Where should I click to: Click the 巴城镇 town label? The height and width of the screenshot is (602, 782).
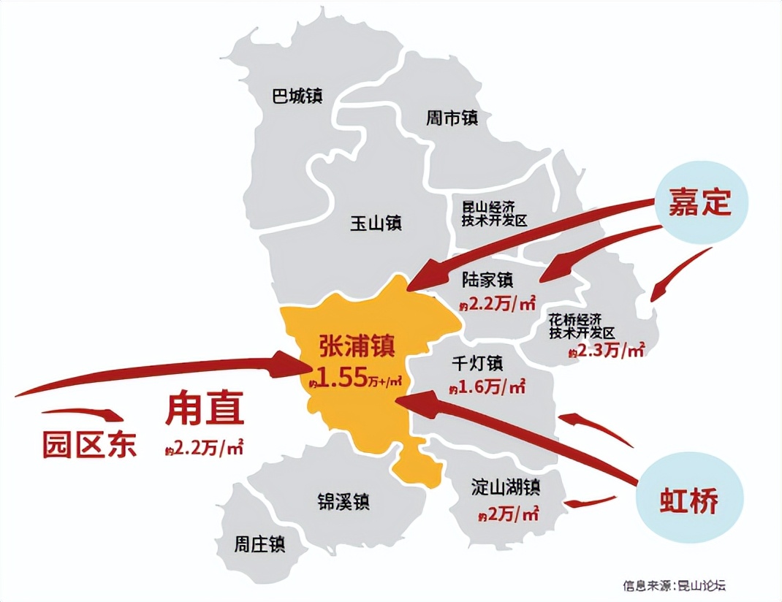click(x=297, y=96)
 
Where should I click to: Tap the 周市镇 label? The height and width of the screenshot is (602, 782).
click(x=452, y=118)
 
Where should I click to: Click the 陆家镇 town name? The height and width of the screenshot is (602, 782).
click(x=488, y=281)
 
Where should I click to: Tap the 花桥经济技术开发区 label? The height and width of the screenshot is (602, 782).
click(x=586, y=327)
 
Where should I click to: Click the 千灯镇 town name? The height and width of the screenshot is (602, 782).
click(x=477, y=363)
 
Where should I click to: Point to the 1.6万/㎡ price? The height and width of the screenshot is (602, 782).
click(x=487, y=388)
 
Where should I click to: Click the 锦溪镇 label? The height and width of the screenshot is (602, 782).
click(x=343, y=502)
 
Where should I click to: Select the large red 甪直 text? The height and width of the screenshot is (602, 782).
click(x=204, y=411)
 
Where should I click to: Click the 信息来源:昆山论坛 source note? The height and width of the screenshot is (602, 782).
click(x=675, y=584)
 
